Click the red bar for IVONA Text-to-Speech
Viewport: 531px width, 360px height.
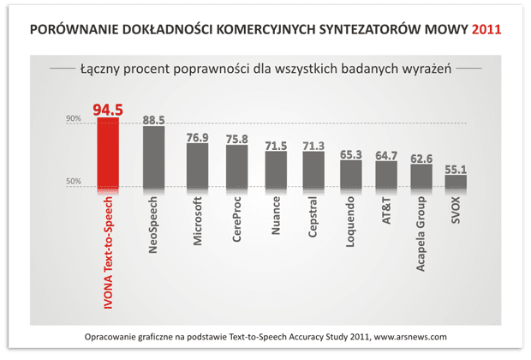tap(109, 153)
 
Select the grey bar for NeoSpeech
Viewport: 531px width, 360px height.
tap(153, 156)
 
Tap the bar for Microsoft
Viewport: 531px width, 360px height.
tap(198, 165)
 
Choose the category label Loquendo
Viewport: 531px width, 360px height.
tap(351, 226)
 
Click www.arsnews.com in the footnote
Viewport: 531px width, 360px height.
tap(402, 337)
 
